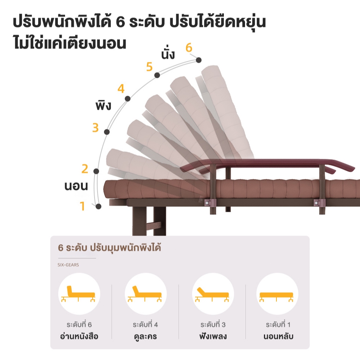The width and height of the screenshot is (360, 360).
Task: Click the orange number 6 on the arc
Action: coord(189,48)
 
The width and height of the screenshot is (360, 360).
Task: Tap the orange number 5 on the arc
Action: coord(149,67)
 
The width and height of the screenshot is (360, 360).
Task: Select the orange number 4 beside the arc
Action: coord(121,88)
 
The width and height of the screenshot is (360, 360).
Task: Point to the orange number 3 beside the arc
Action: coord(95,128)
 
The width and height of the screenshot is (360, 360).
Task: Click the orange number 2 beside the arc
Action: coord(85,169)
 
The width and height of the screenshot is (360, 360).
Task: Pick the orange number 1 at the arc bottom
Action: coord(82,206)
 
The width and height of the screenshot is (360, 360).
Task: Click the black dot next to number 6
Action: coord(199,60)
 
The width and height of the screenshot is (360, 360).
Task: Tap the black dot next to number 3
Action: coord(107,132)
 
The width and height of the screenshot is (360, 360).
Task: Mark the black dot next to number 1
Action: coord(98,206)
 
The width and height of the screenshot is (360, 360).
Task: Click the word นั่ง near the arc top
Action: coord(168,54)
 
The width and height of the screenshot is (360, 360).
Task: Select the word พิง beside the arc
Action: coord(103,106)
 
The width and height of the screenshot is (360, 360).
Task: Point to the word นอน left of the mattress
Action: coord(76,186)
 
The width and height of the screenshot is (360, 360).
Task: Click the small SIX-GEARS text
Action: coord(68,265)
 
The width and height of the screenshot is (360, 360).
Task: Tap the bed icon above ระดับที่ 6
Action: coord(78,294)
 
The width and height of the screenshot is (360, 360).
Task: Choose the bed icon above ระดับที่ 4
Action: coord(145,294)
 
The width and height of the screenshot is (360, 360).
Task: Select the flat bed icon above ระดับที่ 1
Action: coord(276,296)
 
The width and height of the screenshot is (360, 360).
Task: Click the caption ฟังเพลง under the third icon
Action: coord(213,336)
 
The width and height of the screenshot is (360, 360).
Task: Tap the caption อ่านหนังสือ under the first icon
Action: coord(79,336)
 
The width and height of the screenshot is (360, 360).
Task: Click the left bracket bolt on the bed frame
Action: coord(207,203)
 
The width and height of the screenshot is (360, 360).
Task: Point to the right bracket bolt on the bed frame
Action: coord(317,203)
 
